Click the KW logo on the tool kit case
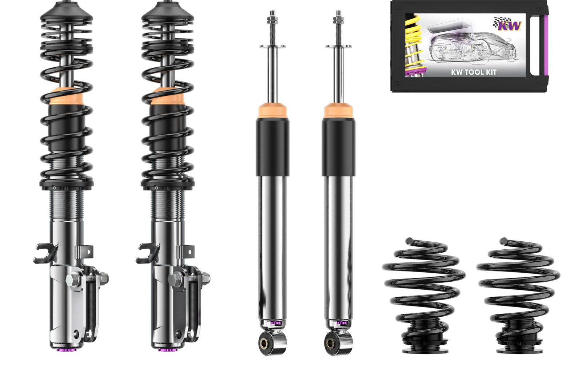pyautogui.click(x=507, y=24)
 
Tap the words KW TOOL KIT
pyautogui.click(x=473, y=72)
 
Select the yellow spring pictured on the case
pyautogui.click(x=415, y=44)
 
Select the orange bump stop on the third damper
pyautogui.click(x=272, y=110)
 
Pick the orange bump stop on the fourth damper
pyautogui.click(x=339, y=110)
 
